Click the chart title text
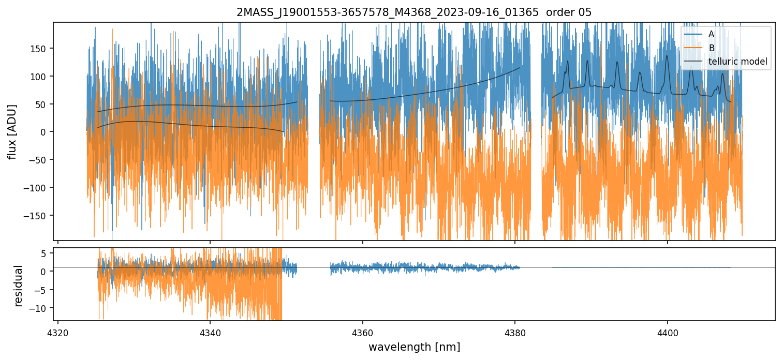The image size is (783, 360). [x=413, y=12]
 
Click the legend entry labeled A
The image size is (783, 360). [x=711, y=34]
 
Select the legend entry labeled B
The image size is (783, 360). [x=711, y=48]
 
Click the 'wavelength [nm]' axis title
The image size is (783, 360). [x=413, y=347]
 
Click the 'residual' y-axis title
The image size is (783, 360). [x=19, y=286]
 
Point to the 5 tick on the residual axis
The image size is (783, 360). [x=46, y=253]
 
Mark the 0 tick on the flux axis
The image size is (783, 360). [x=46, y=132]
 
